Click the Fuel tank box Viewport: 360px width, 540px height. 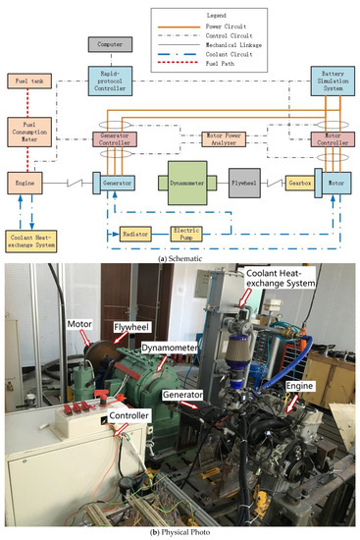tap(24, 80)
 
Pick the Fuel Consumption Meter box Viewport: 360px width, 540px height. tap(24, 130)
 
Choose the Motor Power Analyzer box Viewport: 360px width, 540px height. tap(223, 138)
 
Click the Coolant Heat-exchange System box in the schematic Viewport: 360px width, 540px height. tap(28, 239)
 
